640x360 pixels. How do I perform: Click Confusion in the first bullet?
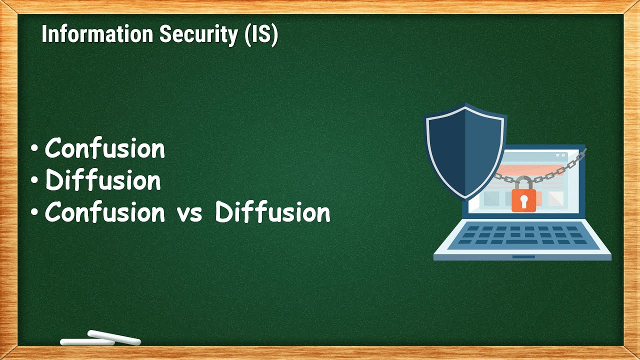point(105,148)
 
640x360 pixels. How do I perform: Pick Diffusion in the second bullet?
point(103,180)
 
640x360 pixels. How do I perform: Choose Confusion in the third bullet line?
point(105,213)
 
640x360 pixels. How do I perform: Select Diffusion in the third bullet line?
point(272,213)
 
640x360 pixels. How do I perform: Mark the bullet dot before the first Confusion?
point(34,149)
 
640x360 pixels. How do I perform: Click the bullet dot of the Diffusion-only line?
point(34,181)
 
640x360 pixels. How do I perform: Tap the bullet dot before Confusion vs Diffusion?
point(34,213)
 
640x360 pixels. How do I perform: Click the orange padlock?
point(523,199)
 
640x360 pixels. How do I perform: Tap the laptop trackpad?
point(523,257)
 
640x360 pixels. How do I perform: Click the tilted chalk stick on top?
point(114,337)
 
